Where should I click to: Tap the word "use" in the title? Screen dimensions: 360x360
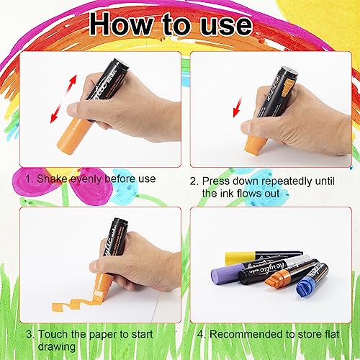pyautogui.click(x=226, y=26)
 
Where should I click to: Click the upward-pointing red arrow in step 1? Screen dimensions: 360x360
pyautogui.click(x=71, y=84)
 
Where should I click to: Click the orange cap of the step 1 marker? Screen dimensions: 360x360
pyautogui.click(x=72, y=135)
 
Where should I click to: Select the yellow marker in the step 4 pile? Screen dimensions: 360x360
pyautogui.click(x=263, y=257)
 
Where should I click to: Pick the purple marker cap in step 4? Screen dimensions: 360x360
pyautogui.click(x=227, y=274)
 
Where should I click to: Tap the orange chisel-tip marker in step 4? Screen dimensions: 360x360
pyautogui.click(x=289, y=274)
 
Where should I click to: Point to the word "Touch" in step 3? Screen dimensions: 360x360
pyautogui.click(x=51, y=334)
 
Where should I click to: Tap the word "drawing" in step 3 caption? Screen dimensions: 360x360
pyautogui.click(x=56, y=347)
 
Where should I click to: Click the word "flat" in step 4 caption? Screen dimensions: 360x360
pyautogui.click(x=332, y=334)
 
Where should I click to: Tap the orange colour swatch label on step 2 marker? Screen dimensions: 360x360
pyautogui.click(x=287, y=89)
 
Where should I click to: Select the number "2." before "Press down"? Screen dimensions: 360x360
pyautogui.click(x=194, y=181)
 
